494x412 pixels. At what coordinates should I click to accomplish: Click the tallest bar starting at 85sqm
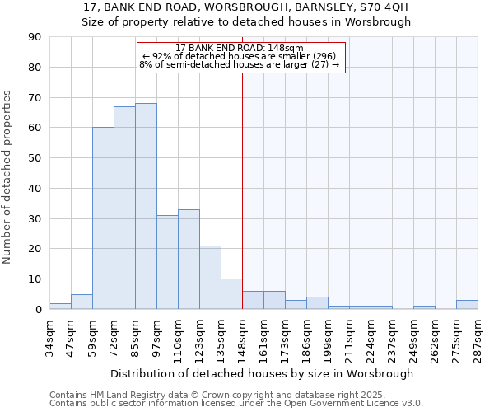[x=146, y=206]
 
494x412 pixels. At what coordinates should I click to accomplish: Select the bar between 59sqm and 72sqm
[x=103, y=218]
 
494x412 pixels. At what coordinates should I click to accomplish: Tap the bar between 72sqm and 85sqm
[x=124, y=208]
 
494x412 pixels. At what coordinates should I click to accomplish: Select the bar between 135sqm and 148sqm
[x=231, y=294]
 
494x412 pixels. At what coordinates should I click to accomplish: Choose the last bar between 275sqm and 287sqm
[x=467, y=305]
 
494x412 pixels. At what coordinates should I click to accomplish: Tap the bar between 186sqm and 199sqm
[x=317, y=303]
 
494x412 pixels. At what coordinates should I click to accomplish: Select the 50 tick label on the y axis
[x=35, y=158]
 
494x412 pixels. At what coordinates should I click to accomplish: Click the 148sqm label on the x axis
[x=242, y=336]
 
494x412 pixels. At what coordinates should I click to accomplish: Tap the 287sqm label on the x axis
[x=478, y=336]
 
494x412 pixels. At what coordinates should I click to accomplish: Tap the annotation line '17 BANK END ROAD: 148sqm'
[x=240, y=48]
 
